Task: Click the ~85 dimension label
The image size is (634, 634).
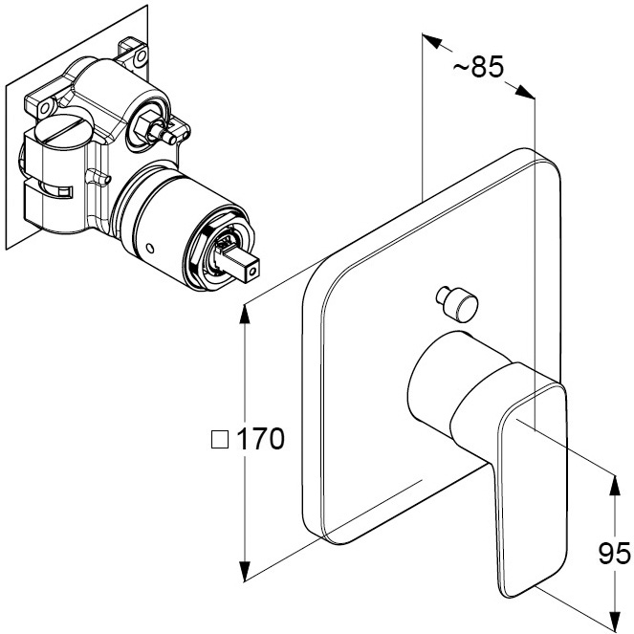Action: tap(478, 67)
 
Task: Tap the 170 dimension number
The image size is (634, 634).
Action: tap(260, 439)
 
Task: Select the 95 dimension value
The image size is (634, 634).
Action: tap(614, 554)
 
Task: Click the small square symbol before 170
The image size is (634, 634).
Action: tap(220, 440)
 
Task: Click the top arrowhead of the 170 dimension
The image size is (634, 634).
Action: tap(245, 313)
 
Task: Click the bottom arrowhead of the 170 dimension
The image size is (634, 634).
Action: tap(245, 571)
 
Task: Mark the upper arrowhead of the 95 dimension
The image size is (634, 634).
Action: tap(615, 485)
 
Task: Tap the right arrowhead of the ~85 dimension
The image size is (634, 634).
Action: tap(525, 92)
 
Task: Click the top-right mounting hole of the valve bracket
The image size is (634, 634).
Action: tap(141, 55)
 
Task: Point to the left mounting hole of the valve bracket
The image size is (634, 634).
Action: tap(45, 108)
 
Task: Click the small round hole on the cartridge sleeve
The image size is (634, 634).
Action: tap(150, 248)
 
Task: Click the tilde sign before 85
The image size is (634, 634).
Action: tap(461, 68)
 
